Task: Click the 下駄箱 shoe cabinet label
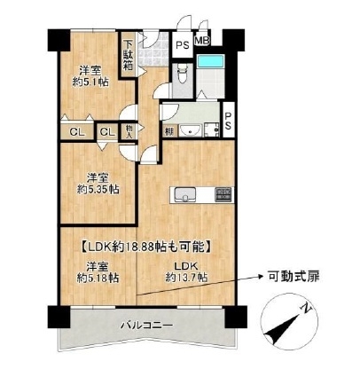coord(128,55)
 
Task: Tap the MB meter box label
coord(202,41)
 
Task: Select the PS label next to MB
coord(183,45)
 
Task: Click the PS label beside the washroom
coord(228,121)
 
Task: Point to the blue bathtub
coord(211,61)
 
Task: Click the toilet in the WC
coord(182,73)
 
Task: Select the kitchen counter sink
coord(185,195)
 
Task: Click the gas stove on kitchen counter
coord(224,195)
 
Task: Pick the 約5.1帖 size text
coord(90,82)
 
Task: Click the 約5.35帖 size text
coord(98,189)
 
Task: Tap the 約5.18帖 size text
coord(98,278)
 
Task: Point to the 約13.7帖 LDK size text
coord(186,278)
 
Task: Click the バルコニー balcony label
coord(146,326)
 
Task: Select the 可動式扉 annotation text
coord(293,277)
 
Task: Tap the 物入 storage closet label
coord(129,131)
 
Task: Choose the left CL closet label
coord(77,132)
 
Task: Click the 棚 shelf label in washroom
coord(169,131)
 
